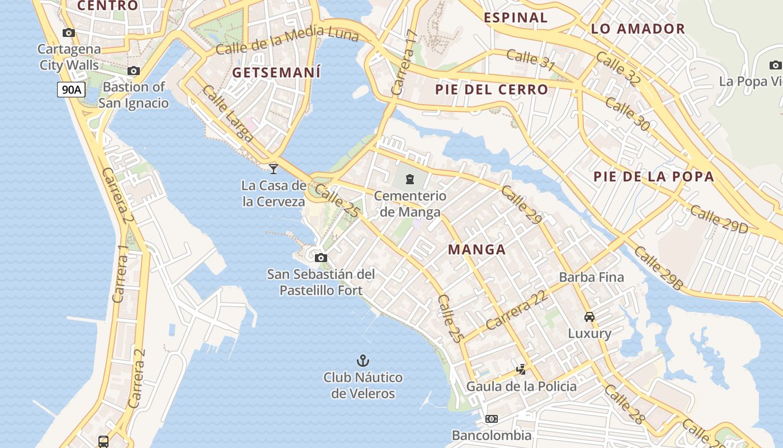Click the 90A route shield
[x=71, y=89]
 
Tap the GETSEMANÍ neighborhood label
[x=276, y=72]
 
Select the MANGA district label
[x=477, y=250]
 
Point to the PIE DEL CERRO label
[x=492, y=90]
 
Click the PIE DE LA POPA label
[x=654, y=177]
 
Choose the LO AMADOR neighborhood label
[x=638, y=29]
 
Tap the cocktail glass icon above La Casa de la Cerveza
[x=273, y=168]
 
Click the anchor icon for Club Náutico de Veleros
[x=363, y=360]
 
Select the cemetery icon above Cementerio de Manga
[x=410, y=179]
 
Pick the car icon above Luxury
[x=589, y=317]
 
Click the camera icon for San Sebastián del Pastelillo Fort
[x=320, y=258]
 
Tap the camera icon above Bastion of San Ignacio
[x=133, y=71]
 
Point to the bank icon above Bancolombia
[x=492, y=418]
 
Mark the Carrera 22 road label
[x=517, y=311]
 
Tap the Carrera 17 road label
[x=404, y=62]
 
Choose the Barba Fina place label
[x=591, y=277]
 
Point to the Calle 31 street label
[x=530, y=60]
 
